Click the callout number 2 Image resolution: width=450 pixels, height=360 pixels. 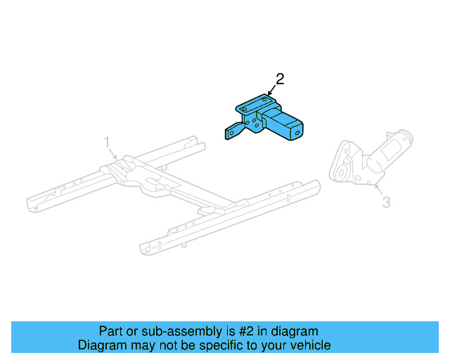click(280, 79)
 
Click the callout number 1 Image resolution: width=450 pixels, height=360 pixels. click(108, 142)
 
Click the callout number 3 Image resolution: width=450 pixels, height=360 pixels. click(386, 202)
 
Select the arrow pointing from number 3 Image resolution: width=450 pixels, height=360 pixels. click(378, 188)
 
